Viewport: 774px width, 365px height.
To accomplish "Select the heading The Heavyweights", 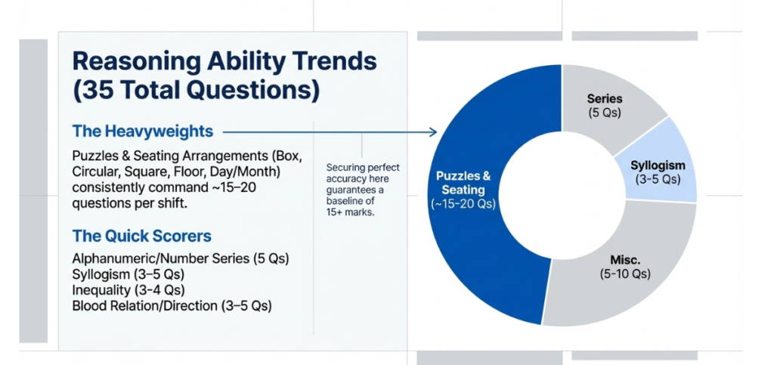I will [x=142, y=131].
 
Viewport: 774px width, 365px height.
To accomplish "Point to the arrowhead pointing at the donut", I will [x=434, y=132].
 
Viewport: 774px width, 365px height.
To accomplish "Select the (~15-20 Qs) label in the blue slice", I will [x=464, y=203].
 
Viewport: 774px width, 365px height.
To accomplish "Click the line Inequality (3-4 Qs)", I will [x=128, y=289].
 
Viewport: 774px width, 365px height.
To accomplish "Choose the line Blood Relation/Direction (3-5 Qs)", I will [x=172, y=305].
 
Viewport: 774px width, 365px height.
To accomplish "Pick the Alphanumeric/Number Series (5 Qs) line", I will [x=180, y=258].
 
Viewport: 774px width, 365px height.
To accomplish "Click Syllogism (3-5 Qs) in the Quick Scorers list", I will [x=128, y=274].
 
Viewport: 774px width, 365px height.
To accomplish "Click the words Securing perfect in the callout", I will [x=363, y=167].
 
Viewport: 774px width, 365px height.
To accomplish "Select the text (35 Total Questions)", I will [x=196, y=90].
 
